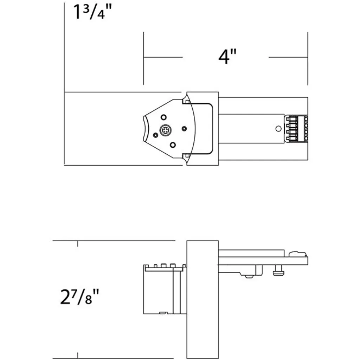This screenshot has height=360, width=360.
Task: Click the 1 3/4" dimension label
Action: [92, 12]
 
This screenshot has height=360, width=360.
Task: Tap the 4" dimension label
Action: [227, 57]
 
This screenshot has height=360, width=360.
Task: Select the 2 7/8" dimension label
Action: [79, 297]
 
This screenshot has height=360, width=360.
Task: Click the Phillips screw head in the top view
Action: [165, 131]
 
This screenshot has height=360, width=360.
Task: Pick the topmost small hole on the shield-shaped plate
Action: [163, 117]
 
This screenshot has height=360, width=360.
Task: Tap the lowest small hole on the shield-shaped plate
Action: [173, 145]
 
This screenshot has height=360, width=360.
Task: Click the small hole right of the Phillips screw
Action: [184, 129]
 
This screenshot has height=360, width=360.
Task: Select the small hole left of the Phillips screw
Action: [155, 135]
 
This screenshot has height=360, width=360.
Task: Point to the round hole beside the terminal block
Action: [278, 129]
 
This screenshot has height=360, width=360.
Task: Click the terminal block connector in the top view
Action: [296, 129]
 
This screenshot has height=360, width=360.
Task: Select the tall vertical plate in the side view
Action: [202, 300]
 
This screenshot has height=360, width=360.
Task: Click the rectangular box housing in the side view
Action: [165, 289]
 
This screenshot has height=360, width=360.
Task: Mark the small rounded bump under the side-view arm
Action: [249, 276]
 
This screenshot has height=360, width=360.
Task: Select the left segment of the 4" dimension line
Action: [163, 57]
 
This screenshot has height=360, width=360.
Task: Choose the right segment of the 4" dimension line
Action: [288, 57]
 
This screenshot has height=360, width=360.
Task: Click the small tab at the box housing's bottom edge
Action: [163, 313]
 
